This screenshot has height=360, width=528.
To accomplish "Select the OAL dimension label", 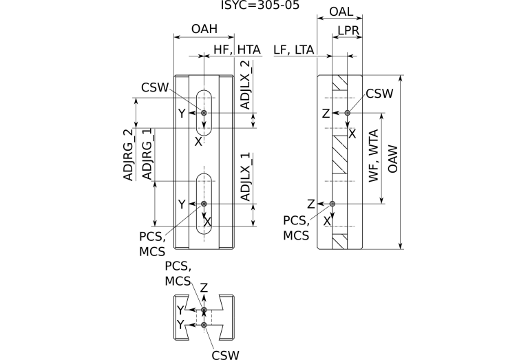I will [342, 12].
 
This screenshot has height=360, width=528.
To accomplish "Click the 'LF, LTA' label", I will [294, 49].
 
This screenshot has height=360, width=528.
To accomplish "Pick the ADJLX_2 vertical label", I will [246, 85].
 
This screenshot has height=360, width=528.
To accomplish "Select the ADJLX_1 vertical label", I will [246, 177].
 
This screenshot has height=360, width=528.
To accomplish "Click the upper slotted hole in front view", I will [204, 112].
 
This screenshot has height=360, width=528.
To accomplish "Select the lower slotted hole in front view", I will [204, 203].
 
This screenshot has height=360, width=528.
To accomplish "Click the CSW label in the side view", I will [379, 94].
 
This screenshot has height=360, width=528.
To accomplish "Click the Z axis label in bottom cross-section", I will [204, 287].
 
